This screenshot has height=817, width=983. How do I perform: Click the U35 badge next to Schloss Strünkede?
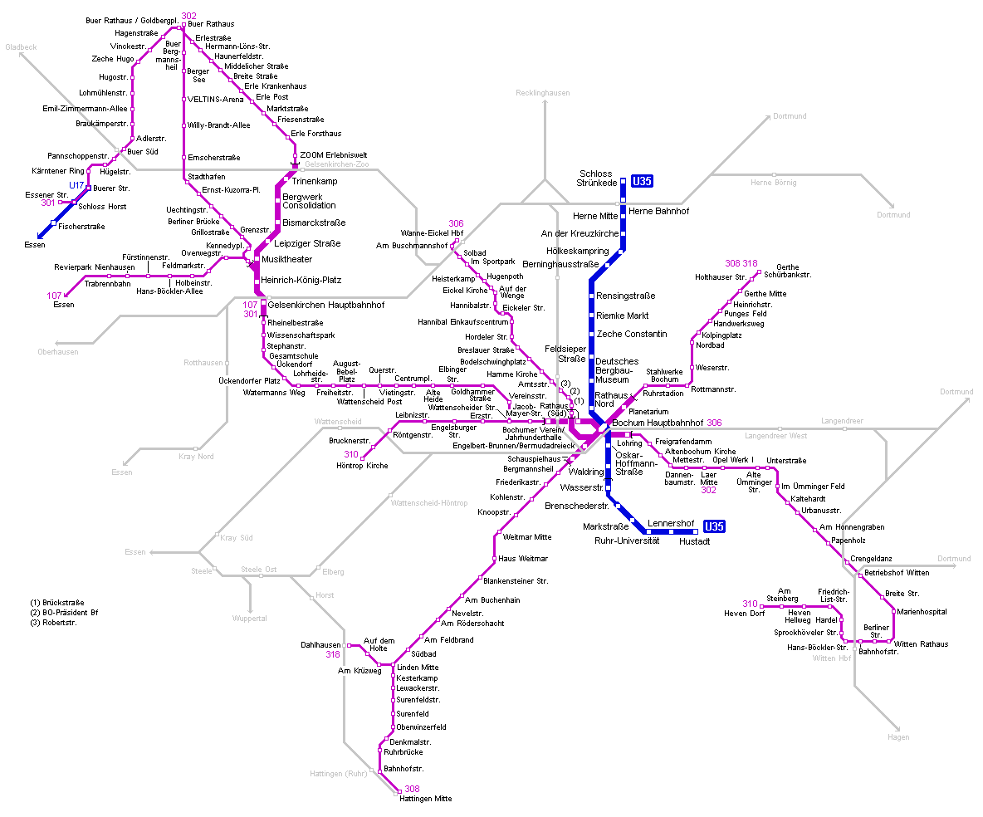(643, 181)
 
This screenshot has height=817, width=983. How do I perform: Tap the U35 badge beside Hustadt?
(714, 526)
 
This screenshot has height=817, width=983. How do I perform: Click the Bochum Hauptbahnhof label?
(658, 423)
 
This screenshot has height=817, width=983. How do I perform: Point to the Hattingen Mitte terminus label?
(425, 798)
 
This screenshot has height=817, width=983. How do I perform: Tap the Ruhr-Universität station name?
(627, 541)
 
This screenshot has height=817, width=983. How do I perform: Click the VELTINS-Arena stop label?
(216, 99)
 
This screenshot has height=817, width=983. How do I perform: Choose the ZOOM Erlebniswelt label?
(333, 155)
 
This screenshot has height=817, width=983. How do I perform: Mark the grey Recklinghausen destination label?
(542, 93)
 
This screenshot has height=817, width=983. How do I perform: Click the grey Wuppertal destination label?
(249, 618)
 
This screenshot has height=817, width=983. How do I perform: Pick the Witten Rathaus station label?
(920, 644)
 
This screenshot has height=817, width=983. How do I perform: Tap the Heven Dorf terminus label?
(745, 614)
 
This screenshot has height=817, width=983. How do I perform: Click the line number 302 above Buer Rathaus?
(188, 16)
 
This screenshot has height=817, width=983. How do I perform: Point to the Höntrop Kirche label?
(362, 466)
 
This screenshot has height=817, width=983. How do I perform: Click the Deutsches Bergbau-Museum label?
(617, 370)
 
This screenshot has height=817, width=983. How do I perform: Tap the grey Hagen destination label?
(898, 736)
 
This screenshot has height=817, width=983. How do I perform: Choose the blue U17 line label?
(76, 184)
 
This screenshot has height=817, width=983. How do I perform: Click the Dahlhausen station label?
(320, 644)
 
